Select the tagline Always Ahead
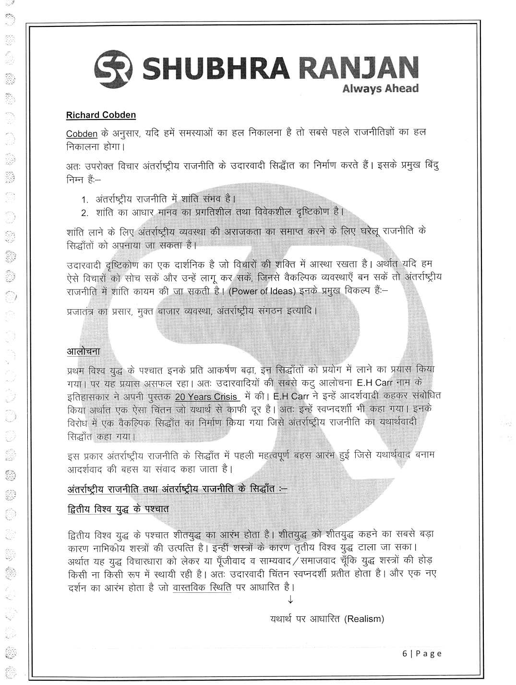pos(387,88)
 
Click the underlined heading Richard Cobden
pos(101,115)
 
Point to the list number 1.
pos(84,199)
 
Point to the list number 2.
pos(84,212)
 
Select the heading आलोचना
pos(83,352)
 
